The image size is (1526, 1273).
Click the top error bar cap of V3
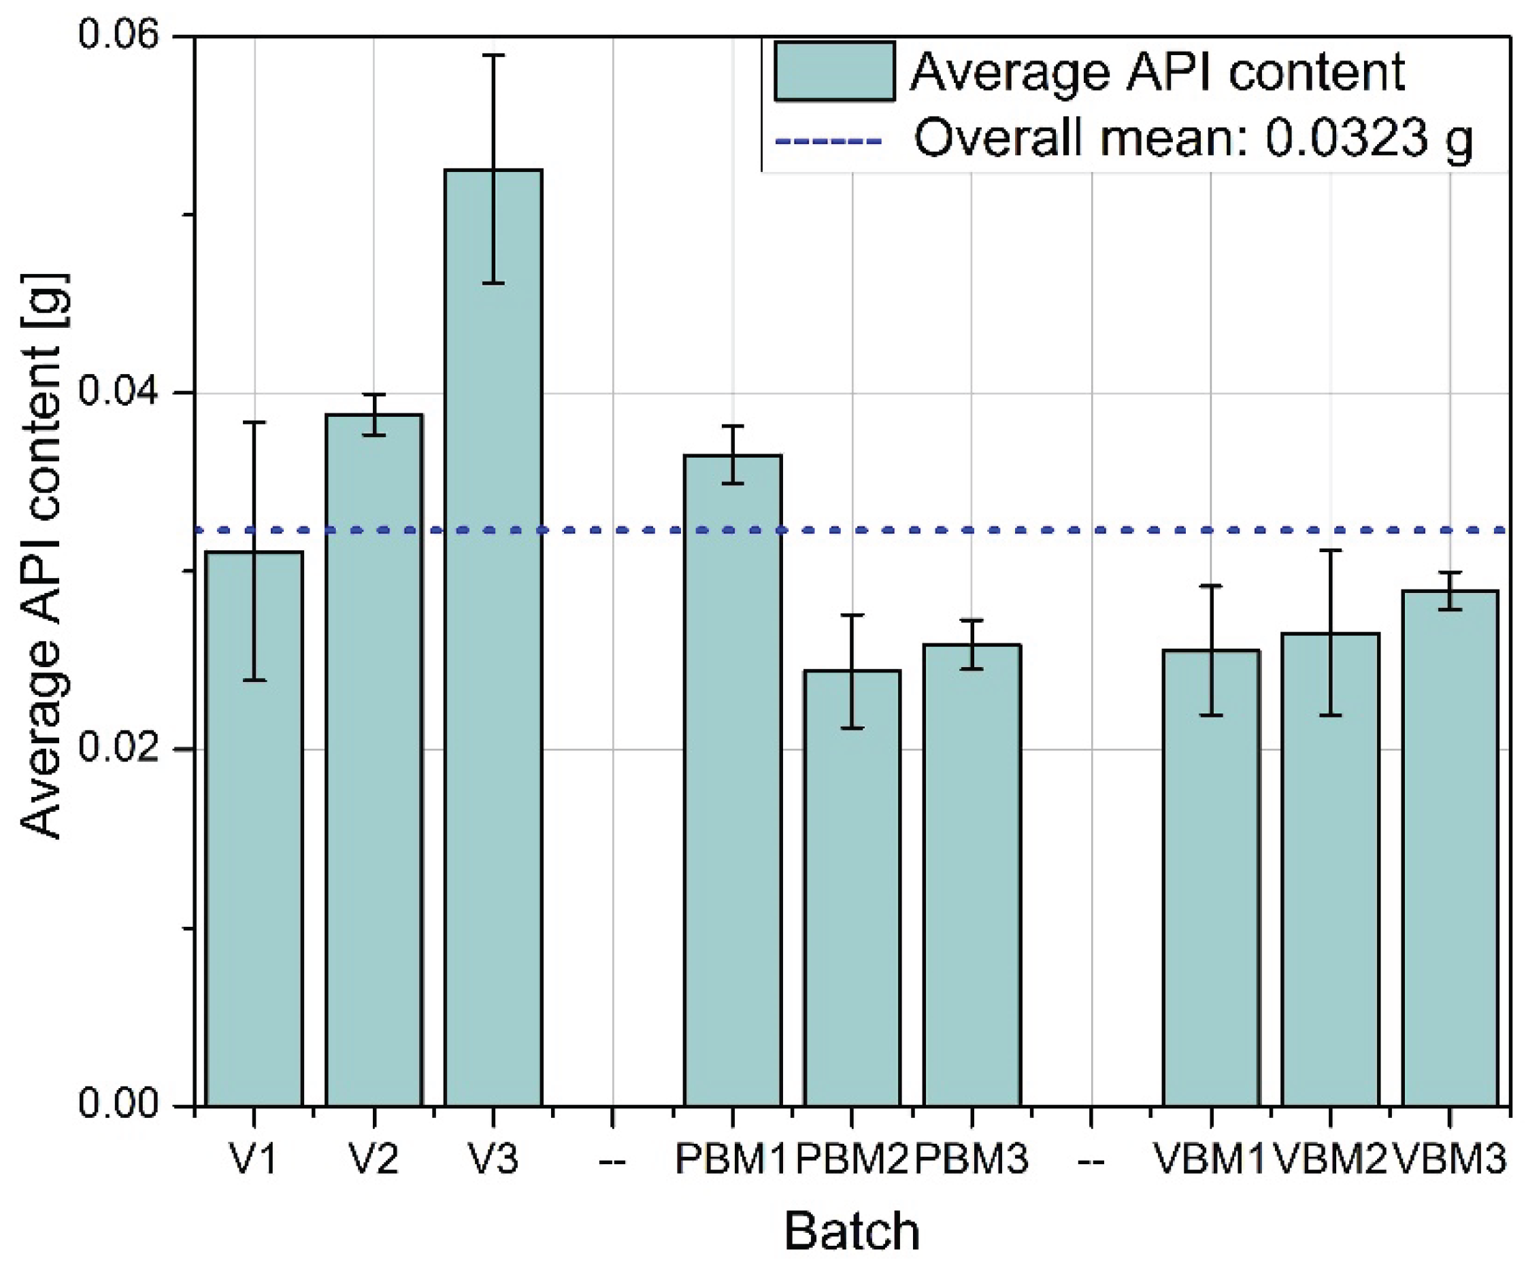pos(493,55)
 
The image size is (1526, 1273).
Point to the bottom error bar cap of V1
pos(254,681)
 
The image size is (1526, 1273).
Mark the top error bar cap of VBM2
pos(1331,550)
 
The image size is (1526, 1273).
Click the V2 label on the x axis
pos(374,1159)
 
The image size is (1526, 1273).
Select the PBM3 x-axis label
pos(972,1159)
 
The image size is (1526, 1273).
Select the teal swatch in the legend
pos(834,71)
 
